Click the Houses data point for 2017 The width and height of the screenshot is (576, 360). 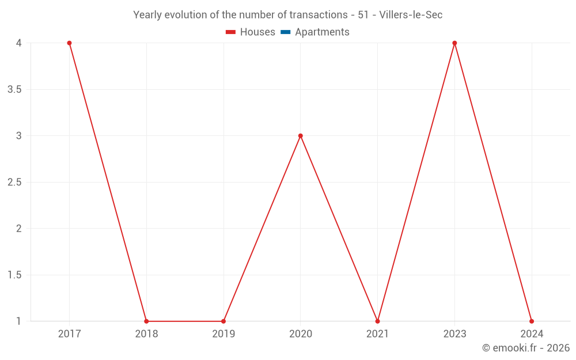click(x=69, y=43)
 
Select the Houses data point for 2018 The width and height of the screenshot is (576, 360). click(x=146, y=321)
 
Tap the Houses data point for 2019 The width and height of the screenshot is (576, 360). click(x=223, y=321)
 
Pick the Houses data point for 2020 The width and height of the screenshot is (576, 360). click(x=300, y=136)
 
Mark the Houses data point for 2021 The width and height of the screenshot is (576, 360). click(x=377, y=321)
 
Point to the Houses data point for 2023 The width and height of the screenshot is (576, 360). click(x=454, y=43)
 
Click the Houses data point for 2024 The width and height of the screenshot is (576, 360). click(x=532, y=321)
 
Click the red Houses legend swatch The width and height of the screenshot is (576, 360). click(x=231, y=32)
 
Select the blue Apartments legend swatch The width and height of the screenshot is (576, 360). click(x=286, y=32)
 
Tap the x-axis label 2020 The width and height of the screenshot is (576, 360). click(x=300, y=334)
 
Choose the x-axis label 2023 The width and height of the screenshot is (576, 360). click(x=454, y=334)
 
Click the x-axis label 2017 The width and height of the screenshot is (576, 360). click(x=69, y=334)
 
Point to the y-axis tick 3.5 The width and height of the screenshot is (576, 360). click(x=14, y=89)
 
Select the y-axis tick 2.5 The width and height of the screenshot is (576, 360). click(x=14, y=182)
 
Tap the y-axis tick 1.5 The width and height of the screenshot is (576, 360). click(x=14, y=275)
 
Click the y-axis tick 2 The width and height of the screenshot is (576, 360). click(x=18, y=229)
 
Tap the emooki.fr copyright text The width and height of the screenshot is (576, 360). click(x=526, y=348)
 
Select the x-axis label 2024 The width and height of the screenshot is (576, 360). click(x=532, y=334)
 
